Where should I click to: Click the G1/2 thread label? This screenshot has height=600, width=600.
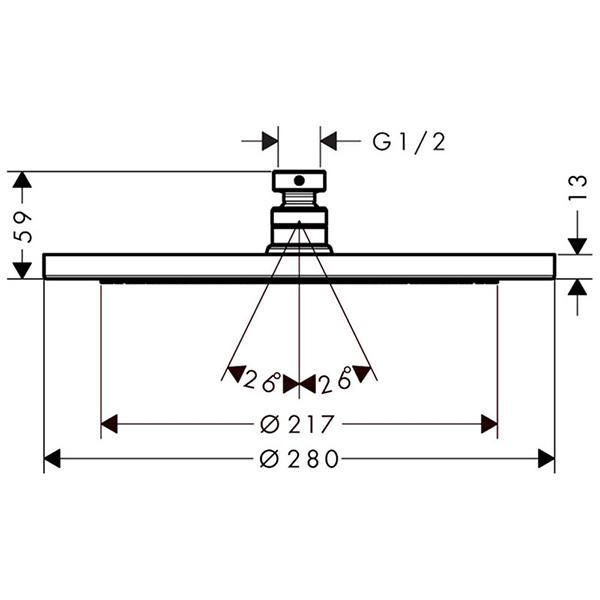409,142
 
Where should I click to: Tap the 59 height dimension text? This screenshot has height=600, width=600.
23,226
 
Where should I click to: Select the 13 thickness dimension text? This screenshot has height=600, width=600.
577,187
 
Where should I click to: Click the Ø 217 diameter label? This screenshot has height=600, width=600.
297,424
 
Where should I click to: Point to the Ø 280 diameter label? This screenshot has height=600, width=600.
299,459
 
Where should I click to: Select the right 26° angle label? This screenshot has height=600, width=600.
336,381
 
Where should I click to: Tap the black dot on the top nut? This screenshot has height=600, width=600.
299,181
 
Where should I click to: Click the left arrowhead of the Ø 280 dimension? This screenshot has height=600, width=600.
52,458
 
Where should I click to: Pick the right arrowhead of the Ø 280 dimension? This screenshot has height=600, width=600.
546,458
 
